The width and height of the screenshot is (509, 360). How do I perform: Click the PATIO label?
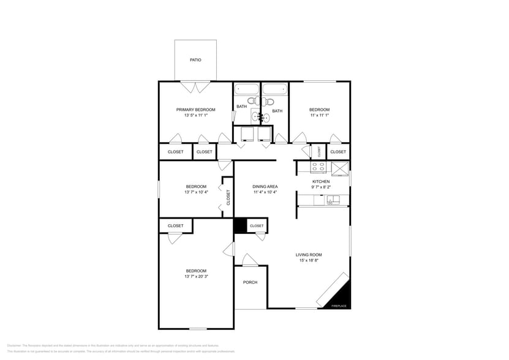[x=195, y=60]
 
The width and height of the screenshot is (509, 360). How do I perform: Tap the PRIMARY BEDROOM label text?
[x=195, y=110]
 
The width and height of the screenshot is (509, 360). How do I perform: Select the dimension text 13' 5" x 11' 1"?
[x=195, y=115]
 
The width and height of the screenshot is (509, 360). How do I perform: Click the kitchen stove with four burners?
[x=319, y=167]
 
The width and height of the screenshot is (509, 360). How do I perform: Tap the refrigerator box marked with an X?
[x=339, y=167]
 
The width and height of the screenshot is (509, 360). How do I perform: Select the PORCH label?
[x=250, y=282]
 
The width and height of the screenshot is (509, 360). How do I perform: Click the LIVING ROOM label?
[x=309, y=255]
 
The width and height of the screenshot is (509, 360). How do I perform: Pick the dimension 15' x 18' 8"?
[x=309, y=260]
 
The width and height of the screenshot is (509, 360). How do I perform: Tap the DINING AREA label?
[x=266, y=186]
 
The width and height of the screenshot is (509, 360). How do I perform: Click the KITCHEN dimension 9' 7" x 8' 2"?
[x=321, y=187]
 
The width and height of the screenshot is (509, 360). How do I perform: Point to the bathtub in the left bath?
[x=247, y=89]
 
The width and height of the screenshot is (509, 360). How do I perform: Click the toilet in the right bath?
[x=269, y=101]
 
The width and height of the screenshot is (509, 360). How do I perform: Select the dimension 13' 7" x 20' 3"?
[x=196, y=276]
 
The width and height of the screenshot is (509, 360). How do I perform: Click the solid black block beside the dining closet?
[x=240, y=225]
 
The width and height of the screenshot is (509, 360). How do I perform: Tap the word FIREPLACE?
[x=339, y=306]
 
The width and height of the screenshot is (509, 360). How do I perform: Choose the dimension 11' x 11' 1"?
[x=319, y=115]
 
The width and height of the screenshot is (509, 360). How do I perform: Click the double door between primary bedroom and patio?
[x=195, y=88]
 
